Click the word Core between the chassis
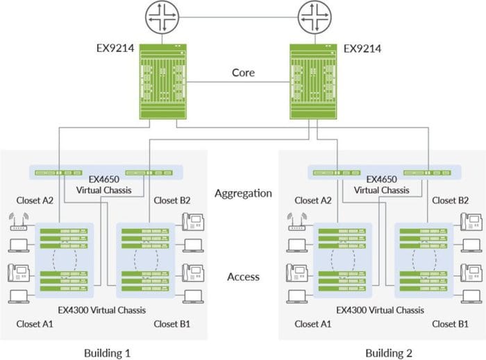243,72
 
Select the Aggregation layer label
243,194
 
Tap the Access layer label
243,277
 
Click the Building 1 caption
107,352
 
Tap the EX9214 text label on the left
115,49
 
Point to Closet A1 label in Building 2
312,324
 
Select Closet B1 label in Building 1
172,324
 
